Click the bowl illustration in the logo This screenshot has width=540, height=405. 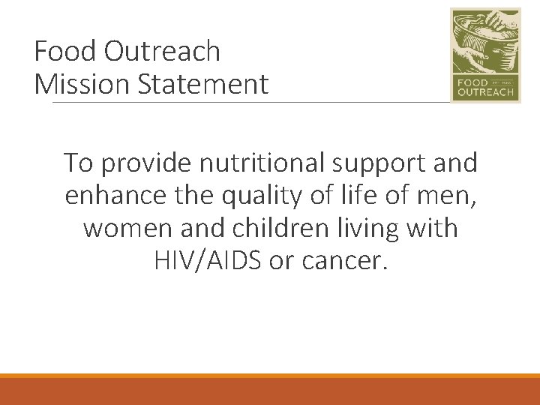click(484, 41)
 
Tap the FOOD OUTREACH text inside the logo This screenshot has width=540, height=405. click(484, 88)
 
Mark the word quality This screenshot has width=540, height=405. click(253, 195)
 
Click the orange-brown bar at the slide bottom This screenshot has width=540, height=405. click(270, 391)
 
